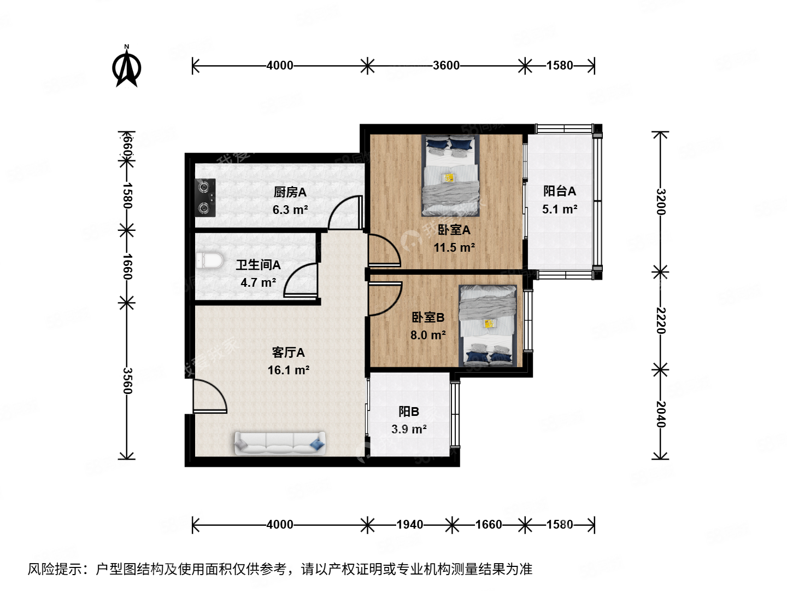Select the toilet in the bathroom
[209, 260]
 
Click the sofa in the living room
[280, 443]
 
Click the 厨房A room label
[290, 192]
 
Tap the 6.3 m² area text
[290, 210]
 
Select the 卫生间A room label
[258, 265]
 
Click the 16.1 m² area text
[289, 370]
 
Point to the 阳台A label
[560, 191]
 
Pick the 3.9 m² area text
[409, 430]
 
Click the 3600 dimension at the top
[446, 66]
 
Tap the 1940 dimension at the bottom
[409, 525]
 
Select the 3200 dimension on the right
[661, 202]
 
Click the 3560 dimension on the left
[127, 381]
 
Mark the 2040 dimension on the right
[661, 415]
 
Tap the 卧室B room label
[428, 317]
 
